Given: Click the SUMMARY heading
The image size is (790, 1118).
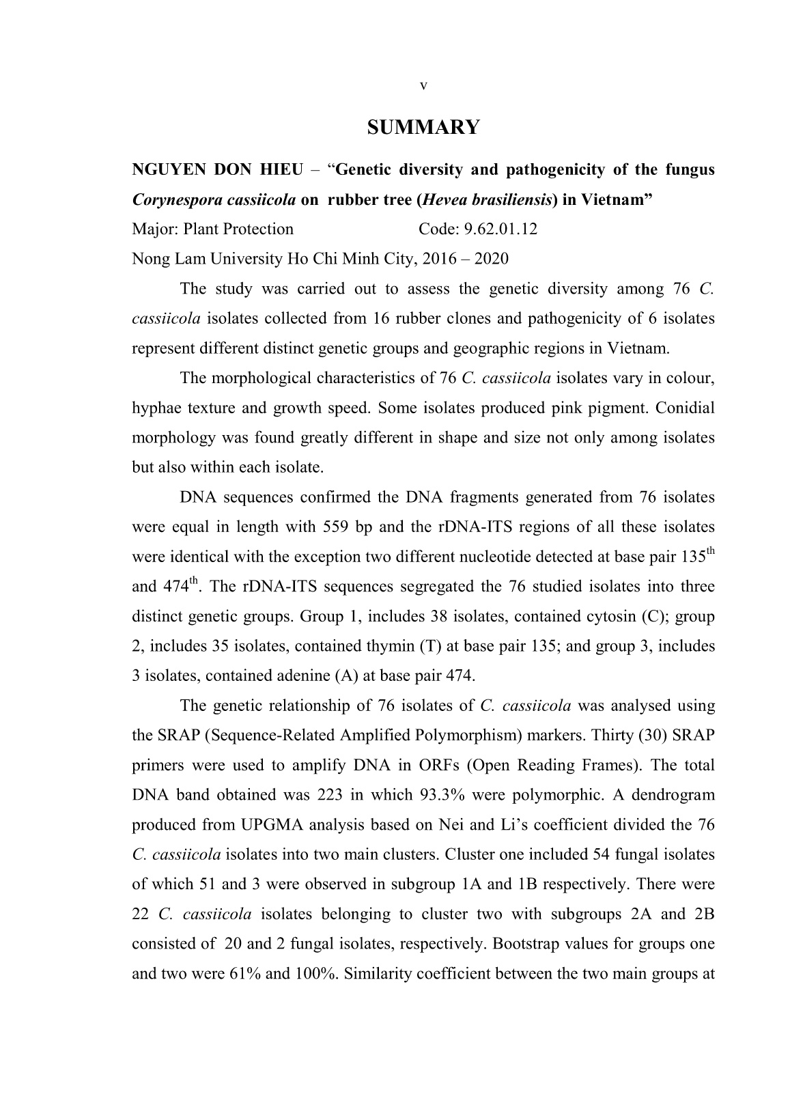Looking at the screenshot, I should click(x=423, y=128).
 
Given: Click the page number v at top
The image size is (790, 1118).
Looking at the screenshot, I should click(x=423, y=86).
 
